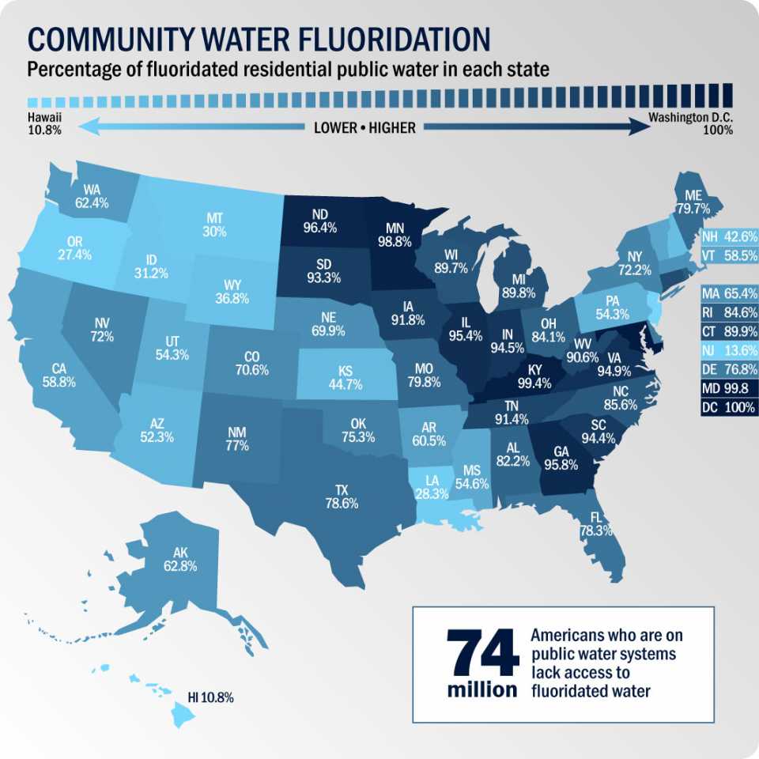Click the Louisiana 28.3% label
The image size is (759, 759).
431,485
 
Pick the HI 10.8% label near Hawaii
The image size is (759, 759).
210,698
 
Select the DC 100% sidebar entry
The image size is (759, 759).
729,408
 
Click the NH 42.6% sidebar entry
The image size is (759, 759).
729,236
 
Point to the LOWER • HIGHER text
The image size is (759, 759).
364,127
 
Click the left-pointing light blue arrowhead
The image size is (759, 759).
85,126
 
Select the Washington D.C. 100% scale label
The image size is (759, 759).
690,123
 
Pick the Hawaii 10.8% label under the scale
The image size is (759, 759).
44,123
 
